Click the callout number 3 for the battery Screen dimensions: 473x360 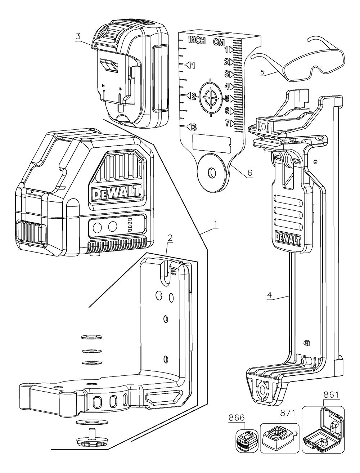[77, 37]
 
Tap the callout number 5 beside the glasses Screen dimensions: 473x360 [262, 72]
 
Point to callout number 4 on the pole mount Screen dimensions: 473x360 [269, 294]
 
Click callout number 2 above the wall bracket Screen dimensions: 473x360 [170, 237]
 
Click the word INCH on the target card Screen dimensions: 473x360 [197, 41]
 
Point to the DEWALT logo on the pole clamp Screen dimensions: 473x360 [288, 238]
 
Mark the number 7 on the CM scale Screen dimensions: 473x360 [227, 123]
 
